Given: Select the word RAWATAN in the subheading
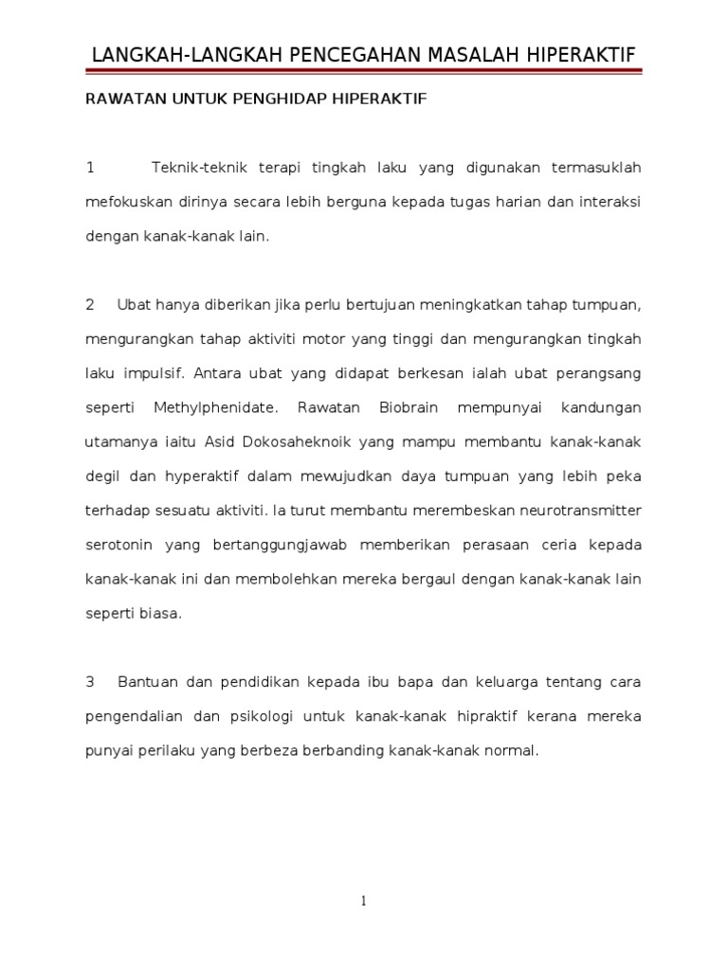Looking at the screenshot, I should pos(118,99).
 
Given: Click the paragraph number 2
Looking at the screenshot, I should pos(90,305).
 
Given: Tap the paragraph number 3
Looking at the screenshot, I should pos(90,682).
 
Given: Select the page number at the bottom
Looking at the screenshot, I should pos(363,901).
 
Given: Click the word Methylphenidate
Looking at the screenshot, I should pos(217,407).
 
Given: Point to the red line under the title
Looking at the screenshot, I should pos(363,70).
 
